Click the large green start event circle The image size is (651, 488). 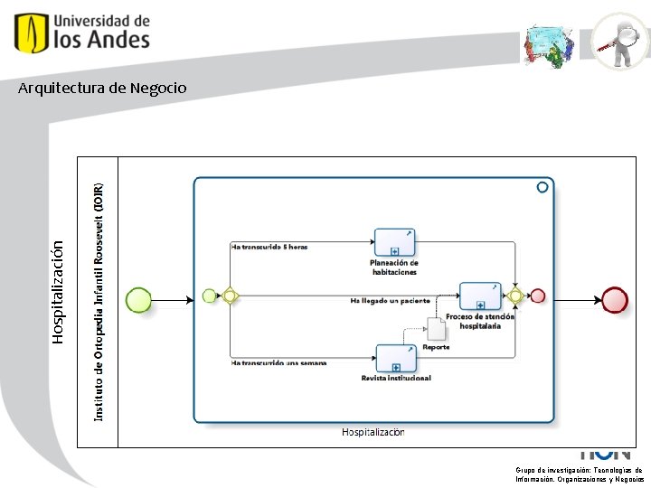click(138, 299)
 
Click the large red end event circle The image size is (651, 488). click(614, 299)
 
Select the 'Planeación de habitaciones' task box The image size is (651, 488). click(394, 242)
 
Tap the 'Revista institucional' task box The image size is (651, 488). click(395, 358)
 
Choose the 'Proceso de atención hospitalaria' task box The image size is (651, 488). click(479, 296)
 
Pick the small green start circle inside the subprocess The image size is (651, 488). click(210, 296)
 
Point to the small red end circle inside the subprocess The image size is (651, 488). click(538, 296)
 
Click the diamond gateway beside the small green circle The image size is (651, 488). click(230, 296)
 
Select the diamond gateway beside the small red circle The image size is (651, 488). click(515, 296)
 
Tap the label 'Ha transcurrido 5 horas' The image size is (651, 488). click(269, 246)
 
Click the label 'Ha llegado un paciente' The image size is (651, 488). click(390, 299)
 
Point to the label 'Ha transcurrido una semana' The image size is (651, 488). click(278, 363)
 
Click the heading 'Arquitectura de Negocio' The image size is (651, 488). click(102, 88)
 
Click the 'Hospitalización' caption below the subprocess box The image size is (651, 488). click(373, 432)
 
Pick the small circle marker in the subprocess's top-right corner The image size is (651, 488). click(542, 187)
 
